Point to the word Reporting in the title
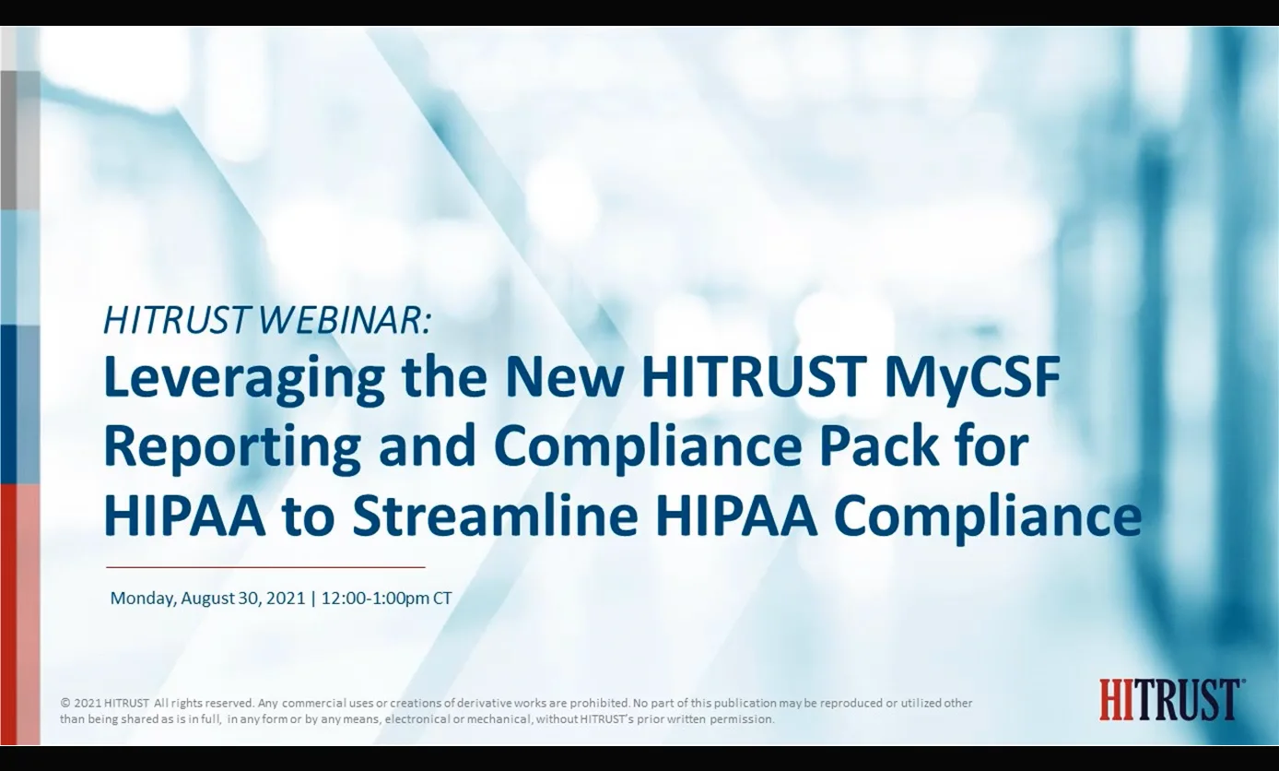tap(231, 447)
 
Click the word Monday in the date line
tap(142, 598)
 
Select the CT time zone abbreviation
tap(442, 598)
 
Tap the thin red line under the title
tap(265, 567)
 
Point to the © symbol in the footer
tap(65, 703)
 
